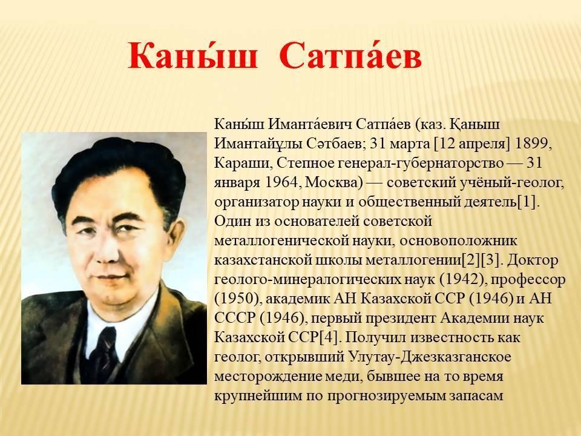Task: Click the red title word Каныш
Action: tap(192, 56)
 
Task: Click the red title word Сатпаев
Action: tap(351, 56)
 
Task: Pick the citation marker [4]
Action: tap(328, 337)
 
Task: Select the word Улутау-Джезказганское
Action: tap(430, 357)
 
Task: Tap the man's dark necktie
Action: tap(105, 351)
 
